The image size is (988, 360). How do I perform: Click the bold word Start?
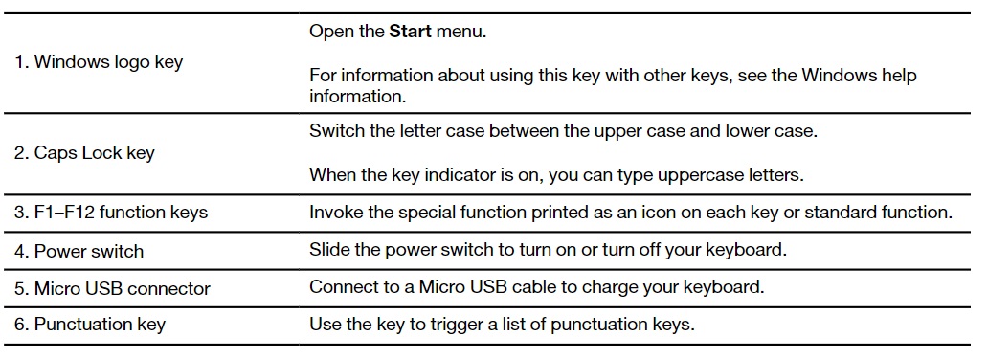point(410,32)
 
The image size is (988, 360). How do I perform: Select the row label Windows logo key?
point(99,62)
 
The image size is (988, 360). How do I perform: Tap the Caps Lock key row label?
point(84,153)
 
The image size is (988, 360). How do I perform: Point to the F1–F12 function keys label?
point(111,212)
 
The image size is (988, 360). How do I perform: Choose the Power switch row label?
point(79,251)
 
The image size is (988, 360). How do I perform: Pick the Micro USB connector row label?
point(112,288)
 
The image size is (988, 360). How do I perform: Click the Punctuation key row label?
point(89,325)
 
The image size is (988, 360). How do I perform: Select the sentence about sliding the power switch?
point(549,250)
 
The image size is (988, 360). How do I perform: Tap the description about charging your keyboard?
point(536,287)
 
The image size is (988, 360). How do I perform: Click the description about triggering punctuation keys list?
point(502,325)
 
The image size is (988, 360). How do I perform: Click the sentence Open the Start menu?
point(397,32)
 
